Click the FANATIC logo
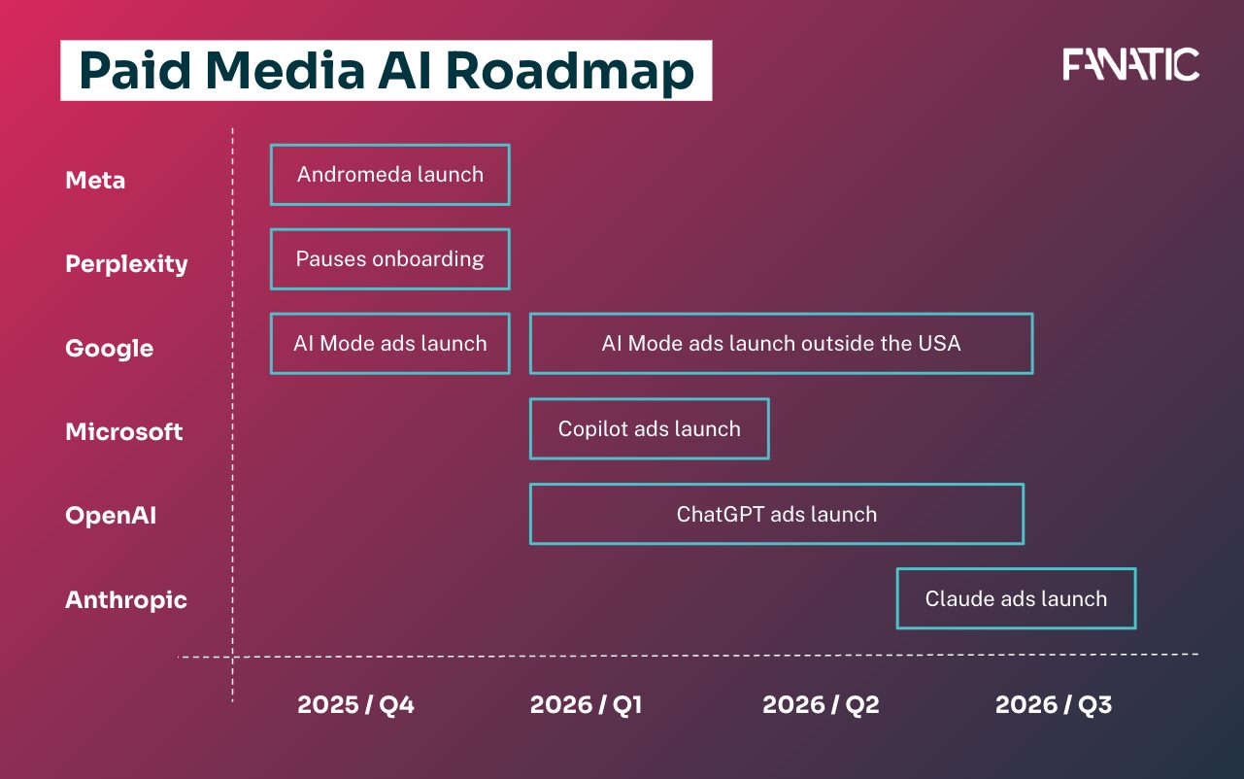pos(1130,65)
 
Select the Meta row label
pos(95,181)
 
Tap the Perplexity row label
pos(126,264)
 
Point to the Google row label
pos(109,349)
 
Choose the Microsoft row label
pos(123,432)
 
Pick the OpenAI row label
pos(111,516)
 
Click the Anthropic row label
pos(126,600)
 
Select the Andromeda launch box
pos(389,175)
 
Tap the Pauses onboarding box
pos(389,259)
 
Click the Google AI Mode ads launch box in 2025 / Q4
pos(389,344)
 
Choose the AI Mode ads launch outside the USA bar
pos(781,344)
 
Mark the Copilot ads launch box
pos(649,428)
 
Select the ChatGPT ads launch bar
pos(776,514)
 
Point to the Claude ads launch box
pos(1016,598)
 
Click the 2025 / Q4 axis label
pos(355,705)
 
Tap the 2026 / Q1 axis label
pos(586,705)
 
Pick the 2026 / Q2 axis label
pos(821,705)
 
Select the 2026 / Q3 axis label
pos(1053,705)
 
